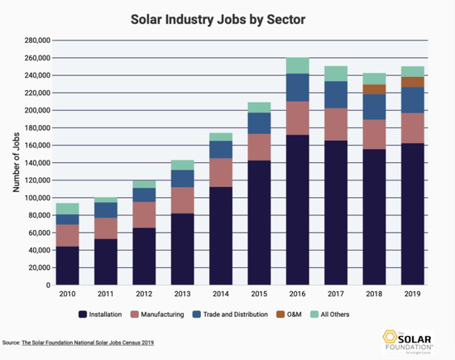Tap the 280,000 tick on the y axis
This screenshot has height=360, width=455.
click(38, 40)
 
